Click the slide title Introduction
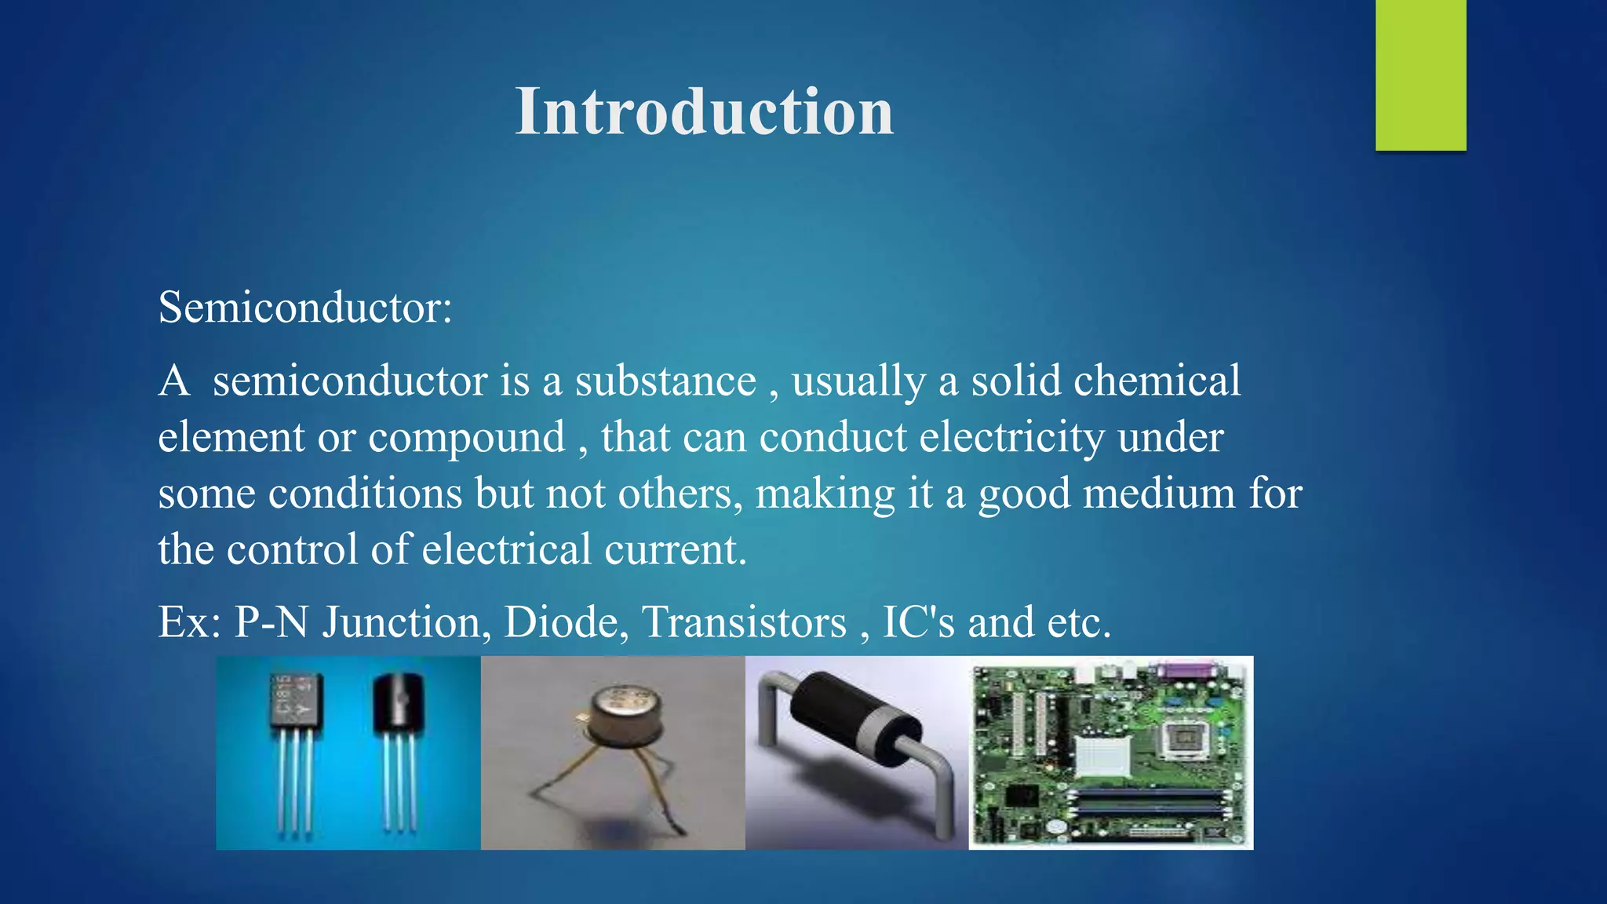704,111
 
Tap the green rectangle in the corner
1420,75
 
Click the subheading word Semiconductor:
305,307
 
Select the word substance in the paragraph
665,381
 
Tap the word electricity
1011,438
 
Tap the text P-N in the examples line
271,622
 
